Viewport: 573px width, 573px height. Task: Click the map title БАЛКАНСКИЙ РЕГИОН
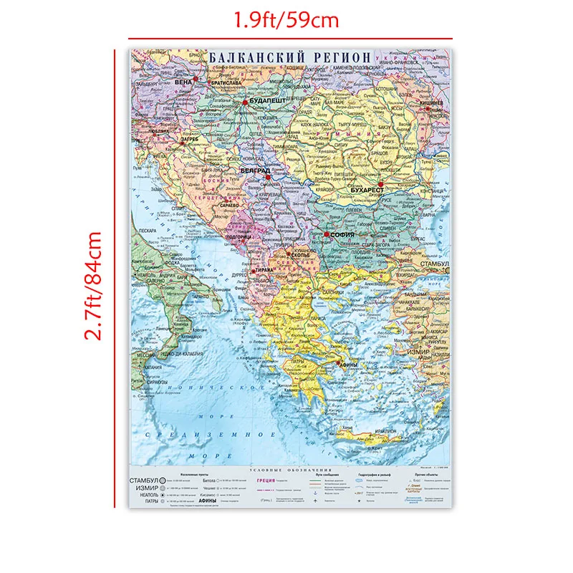coord(290,57)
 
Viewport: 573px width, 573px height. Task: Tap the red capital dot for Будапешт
coord(245,102)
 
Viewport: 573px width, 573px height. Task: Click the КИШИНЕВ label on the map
coord(432,102)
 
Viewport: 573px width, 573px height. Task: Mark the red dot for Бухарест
coord(382,184)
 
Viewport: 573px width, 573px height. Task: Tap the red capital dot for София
coord(327,234)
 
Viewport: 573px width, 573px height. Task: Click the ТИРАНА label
coord(266,269)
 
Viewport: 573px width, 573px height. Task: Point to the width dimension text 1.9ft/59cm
coord(290,19)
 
